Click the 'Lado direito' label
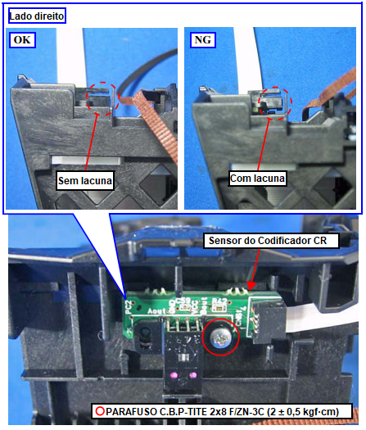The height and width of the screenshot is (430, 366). [37, 16]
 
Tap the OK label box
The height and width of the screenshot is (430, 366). [22, 40]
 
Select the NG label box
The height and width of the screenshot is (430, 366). [202, 40]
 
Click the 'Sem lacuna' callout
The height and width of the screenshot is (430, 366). [85, 180]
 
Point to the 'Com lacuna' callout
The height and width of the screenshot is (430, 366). [257, 179]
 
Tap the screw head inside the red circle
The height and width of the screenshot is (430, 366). [221, 337]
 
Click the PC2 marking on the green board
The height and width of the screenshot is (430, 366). [129, 307]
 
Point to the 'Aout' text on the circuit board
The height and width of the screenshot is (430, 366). [156, 311]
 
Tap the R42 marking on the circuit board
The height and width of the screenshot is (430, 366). [219, 301]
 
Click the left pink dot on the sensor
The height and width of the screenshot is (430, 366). [174, 374]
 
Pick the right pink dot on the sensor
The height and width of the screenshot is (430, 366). [192, 374]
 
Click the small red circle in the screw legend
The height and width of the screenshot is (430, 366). [100, 411]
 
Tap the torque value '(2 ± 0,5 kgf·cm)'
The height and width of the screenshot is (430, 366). [303, 412]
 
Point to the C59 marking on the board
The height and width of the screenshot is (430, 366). [183, 301]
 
